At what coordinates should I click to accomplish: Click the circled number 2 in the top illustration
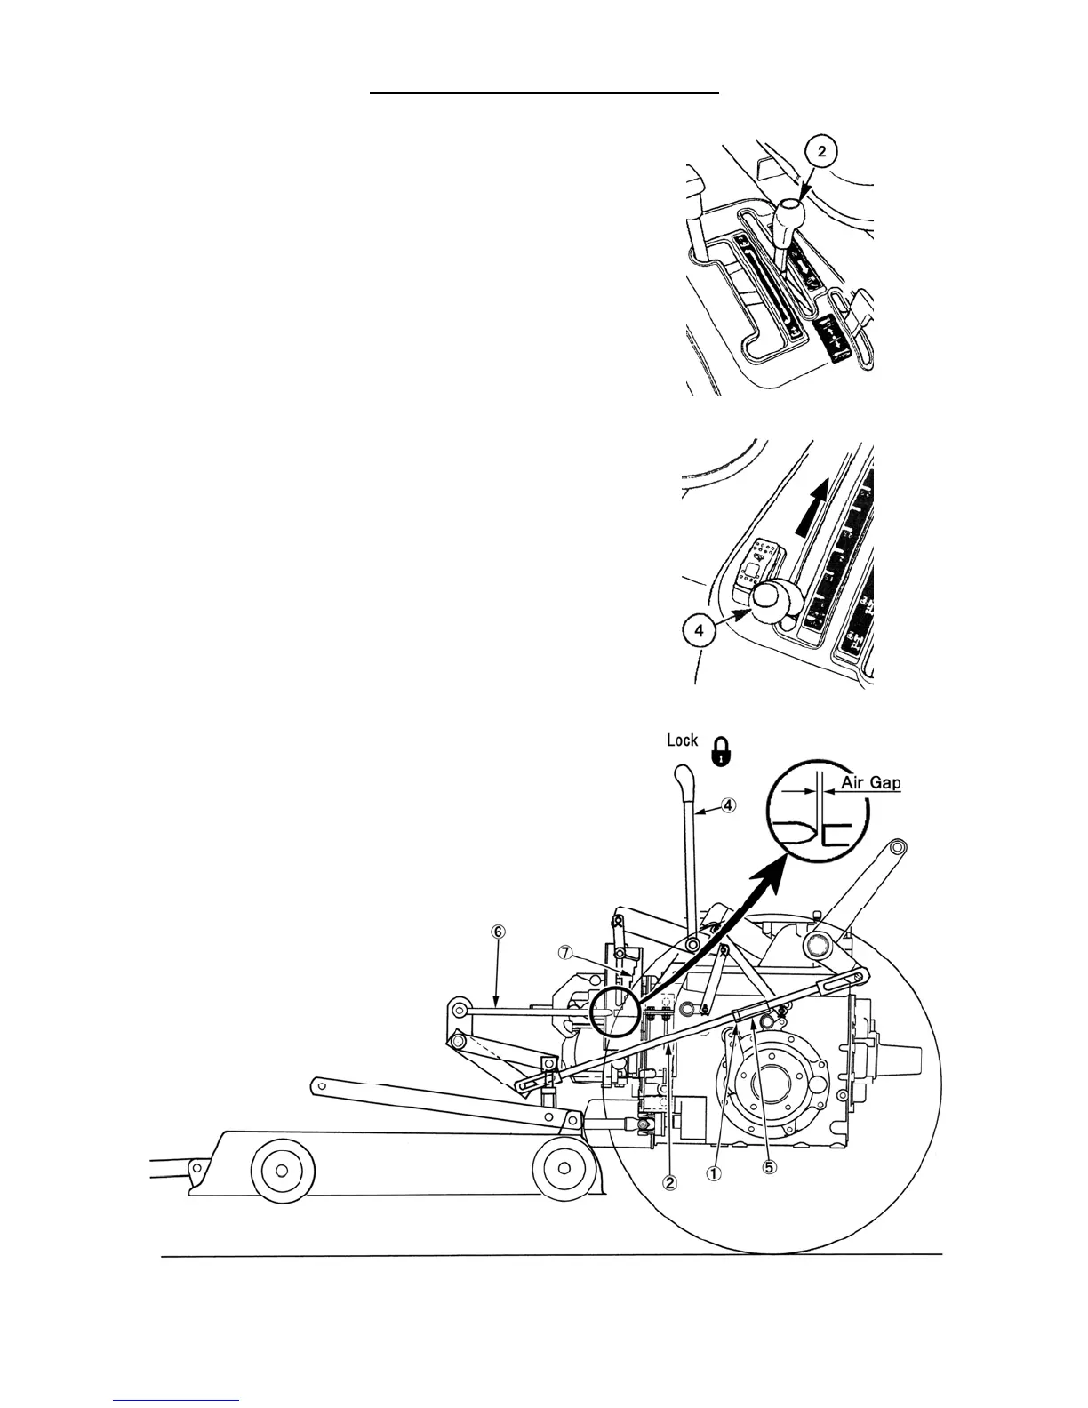[x=821, y=152]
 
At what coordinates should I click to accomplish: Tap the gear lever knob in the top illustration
[x=788, y=214]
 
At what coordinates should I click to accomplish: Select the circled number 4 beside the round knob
[x=700, y=630]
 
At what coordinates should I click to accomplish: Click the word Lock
[x=683, y=740]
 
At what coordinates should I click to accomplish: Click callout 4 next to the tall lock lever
[x=728, y=806]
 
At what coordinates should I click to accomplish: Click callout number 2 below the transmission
[x=670, y=1181]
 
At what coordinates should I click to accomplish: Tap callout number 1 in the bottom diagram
[x=714, y=1172]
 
